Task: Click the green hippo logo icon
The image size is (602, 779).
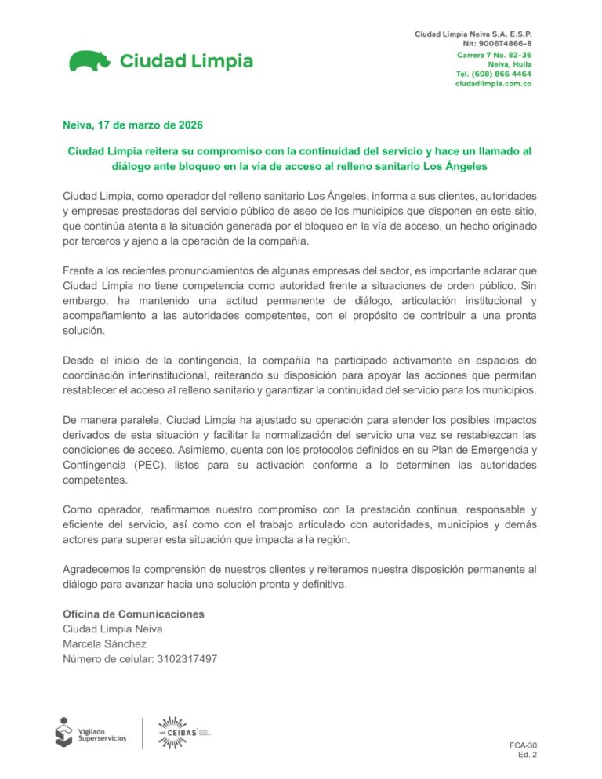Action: (91, 60)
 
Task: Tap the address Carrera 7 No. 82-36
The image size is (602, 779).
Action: (494, 56)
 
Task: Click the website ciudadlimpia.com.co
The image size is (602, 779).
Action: (494, 83)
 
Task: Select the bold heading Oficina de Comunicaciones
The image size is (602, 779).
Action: (133, 614)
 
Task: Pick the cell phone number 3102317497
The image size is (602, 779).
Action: (186, 659)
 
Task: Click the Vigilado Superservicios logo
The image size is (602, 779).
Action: (90, 732)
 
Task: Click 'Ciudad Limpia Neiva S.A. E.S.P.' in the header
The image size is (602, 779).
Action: (473, 34)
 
